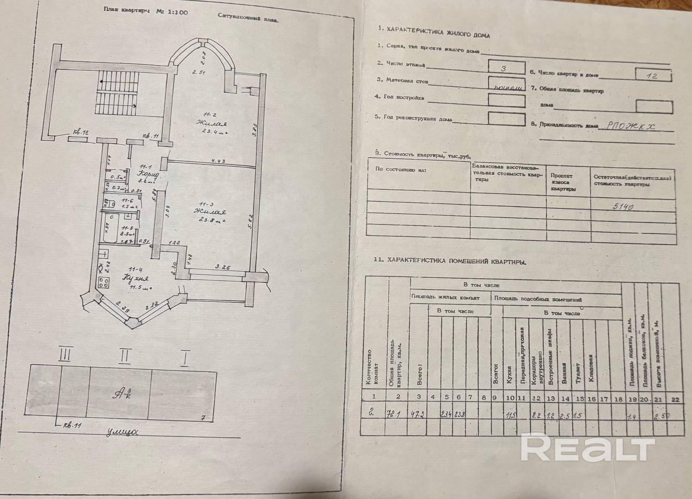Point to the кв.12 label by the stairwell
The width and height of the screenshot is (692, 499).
coord(81,132)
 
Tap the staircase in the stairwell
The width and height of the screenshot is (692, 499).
coord(116,95)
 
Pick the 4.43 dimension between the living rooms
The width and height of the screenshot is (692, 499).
coord(219,160)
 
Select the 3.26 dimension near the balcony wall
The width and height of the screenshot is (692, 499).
coord(223,267)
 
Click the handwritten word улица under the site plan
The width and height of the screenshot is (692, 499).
coord(122,431)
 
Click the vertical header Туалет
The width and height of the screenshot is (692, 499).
coord(578,373)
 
